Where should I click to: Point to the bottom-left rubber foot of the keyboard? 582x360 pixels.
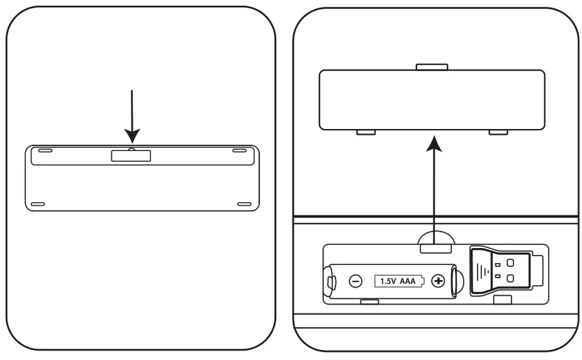[x=37, y=204]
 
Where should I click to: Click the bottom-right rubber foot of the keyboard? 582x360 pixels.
[x=244, y=204]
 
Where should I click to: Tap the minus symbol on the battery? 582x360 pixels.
[x=355, y=281]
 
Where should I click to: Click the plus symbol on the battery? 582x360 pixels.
[x=439, y=281]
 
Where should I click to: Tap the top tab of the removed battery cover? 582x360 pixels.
[x=432, y=66]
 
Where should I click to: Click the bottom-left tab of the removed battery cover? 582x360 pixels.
[x=366, y=132]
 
